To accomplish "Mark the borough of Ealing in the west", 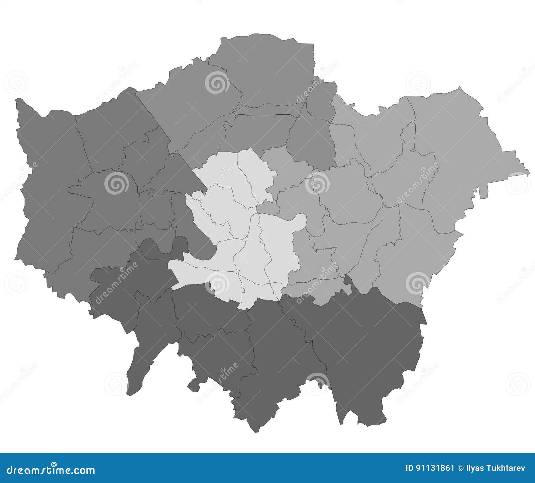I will click(110, 201).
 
